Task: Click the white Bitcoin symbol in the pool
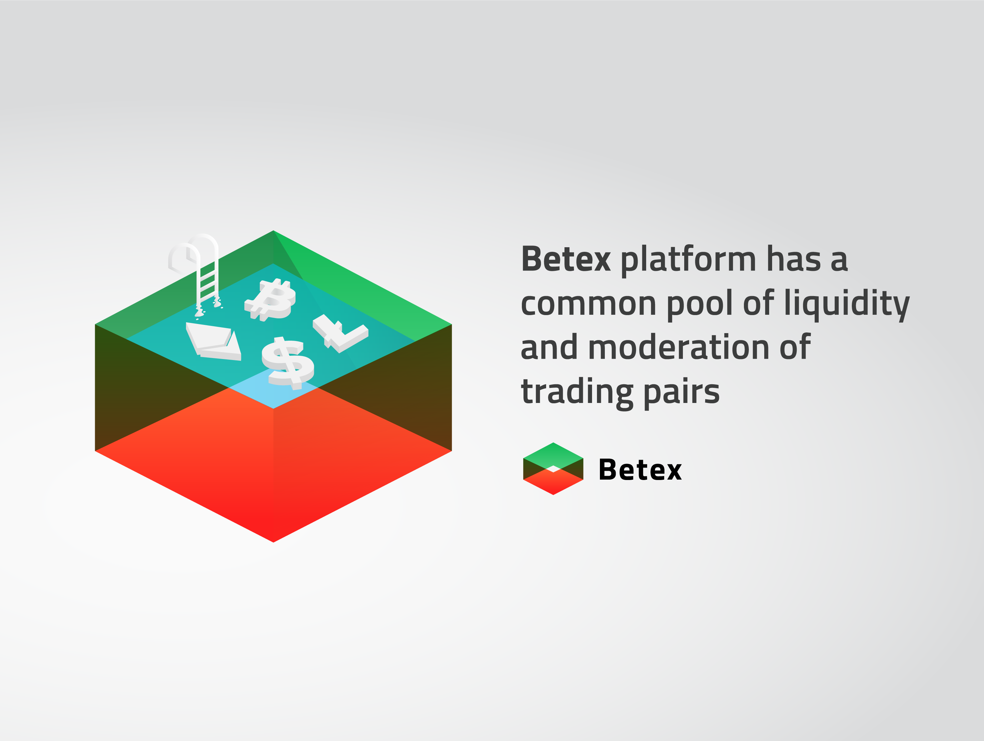point(270,300)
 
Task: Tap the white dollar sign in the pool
point(288,361)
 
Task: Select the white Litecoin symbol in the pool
point(340,333)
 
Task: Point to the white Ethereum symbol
point(214,341)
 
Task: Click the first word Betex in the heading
point(566,259)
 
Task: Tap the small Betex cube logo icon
point(553,468)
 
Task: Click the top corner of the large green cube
point(273,230)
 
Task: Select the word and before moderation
point(550,347)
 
